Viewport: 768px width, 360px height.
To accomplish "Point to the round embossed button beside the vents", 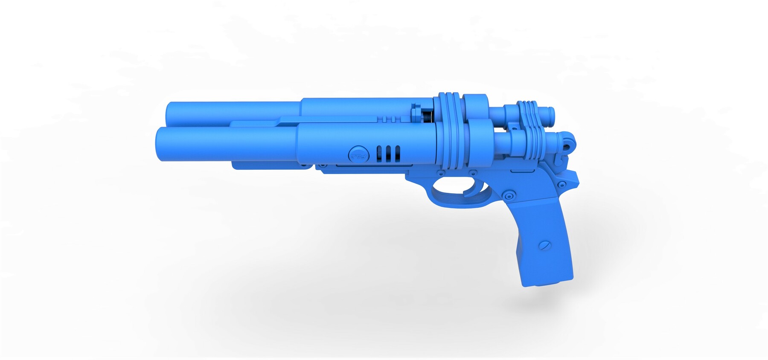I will pos(358,153).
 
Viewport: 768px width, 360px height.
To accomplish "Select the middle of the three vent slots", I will pos(388,154).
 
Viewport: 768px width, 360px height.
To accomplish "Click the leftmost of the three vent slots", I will pos(379,154).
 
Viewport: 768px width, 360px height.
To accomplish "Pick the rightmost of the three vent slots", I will pos(398,154).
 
